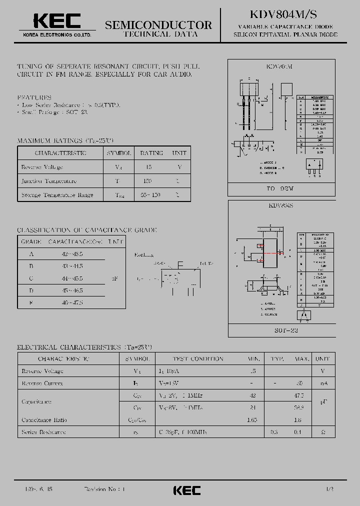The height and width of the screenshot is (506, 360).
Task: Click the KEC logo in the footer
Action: [186, 490]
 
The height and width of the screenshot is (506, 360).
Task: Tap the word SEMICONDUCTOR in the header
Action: [158, 24]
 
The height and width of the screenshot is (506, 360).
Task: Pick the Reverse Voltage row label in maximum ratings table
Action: [42, 167]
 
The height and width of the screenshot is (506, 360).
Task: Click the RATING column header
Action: [151, 153]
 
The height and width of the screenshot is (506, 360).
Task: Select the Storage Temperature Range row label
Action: [57, 194]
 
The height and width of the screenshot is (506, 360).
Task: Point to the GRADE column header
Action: [31, 241]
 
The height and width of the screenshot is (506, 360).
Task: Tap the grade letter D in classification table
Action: [31, 290]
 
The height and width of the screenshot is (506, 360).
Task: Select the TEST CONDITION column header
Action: [198, 358]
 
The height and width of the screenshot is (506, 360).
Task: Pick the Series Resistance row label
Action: [43, 431]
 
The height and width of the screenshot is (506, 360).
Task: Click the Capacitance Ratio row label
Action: [44, 420]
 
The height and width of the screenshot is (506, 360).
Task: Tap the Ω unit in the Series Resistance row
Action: [322, 431]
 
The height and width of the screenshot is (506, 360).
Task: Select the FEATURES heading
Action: [34, 97]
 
